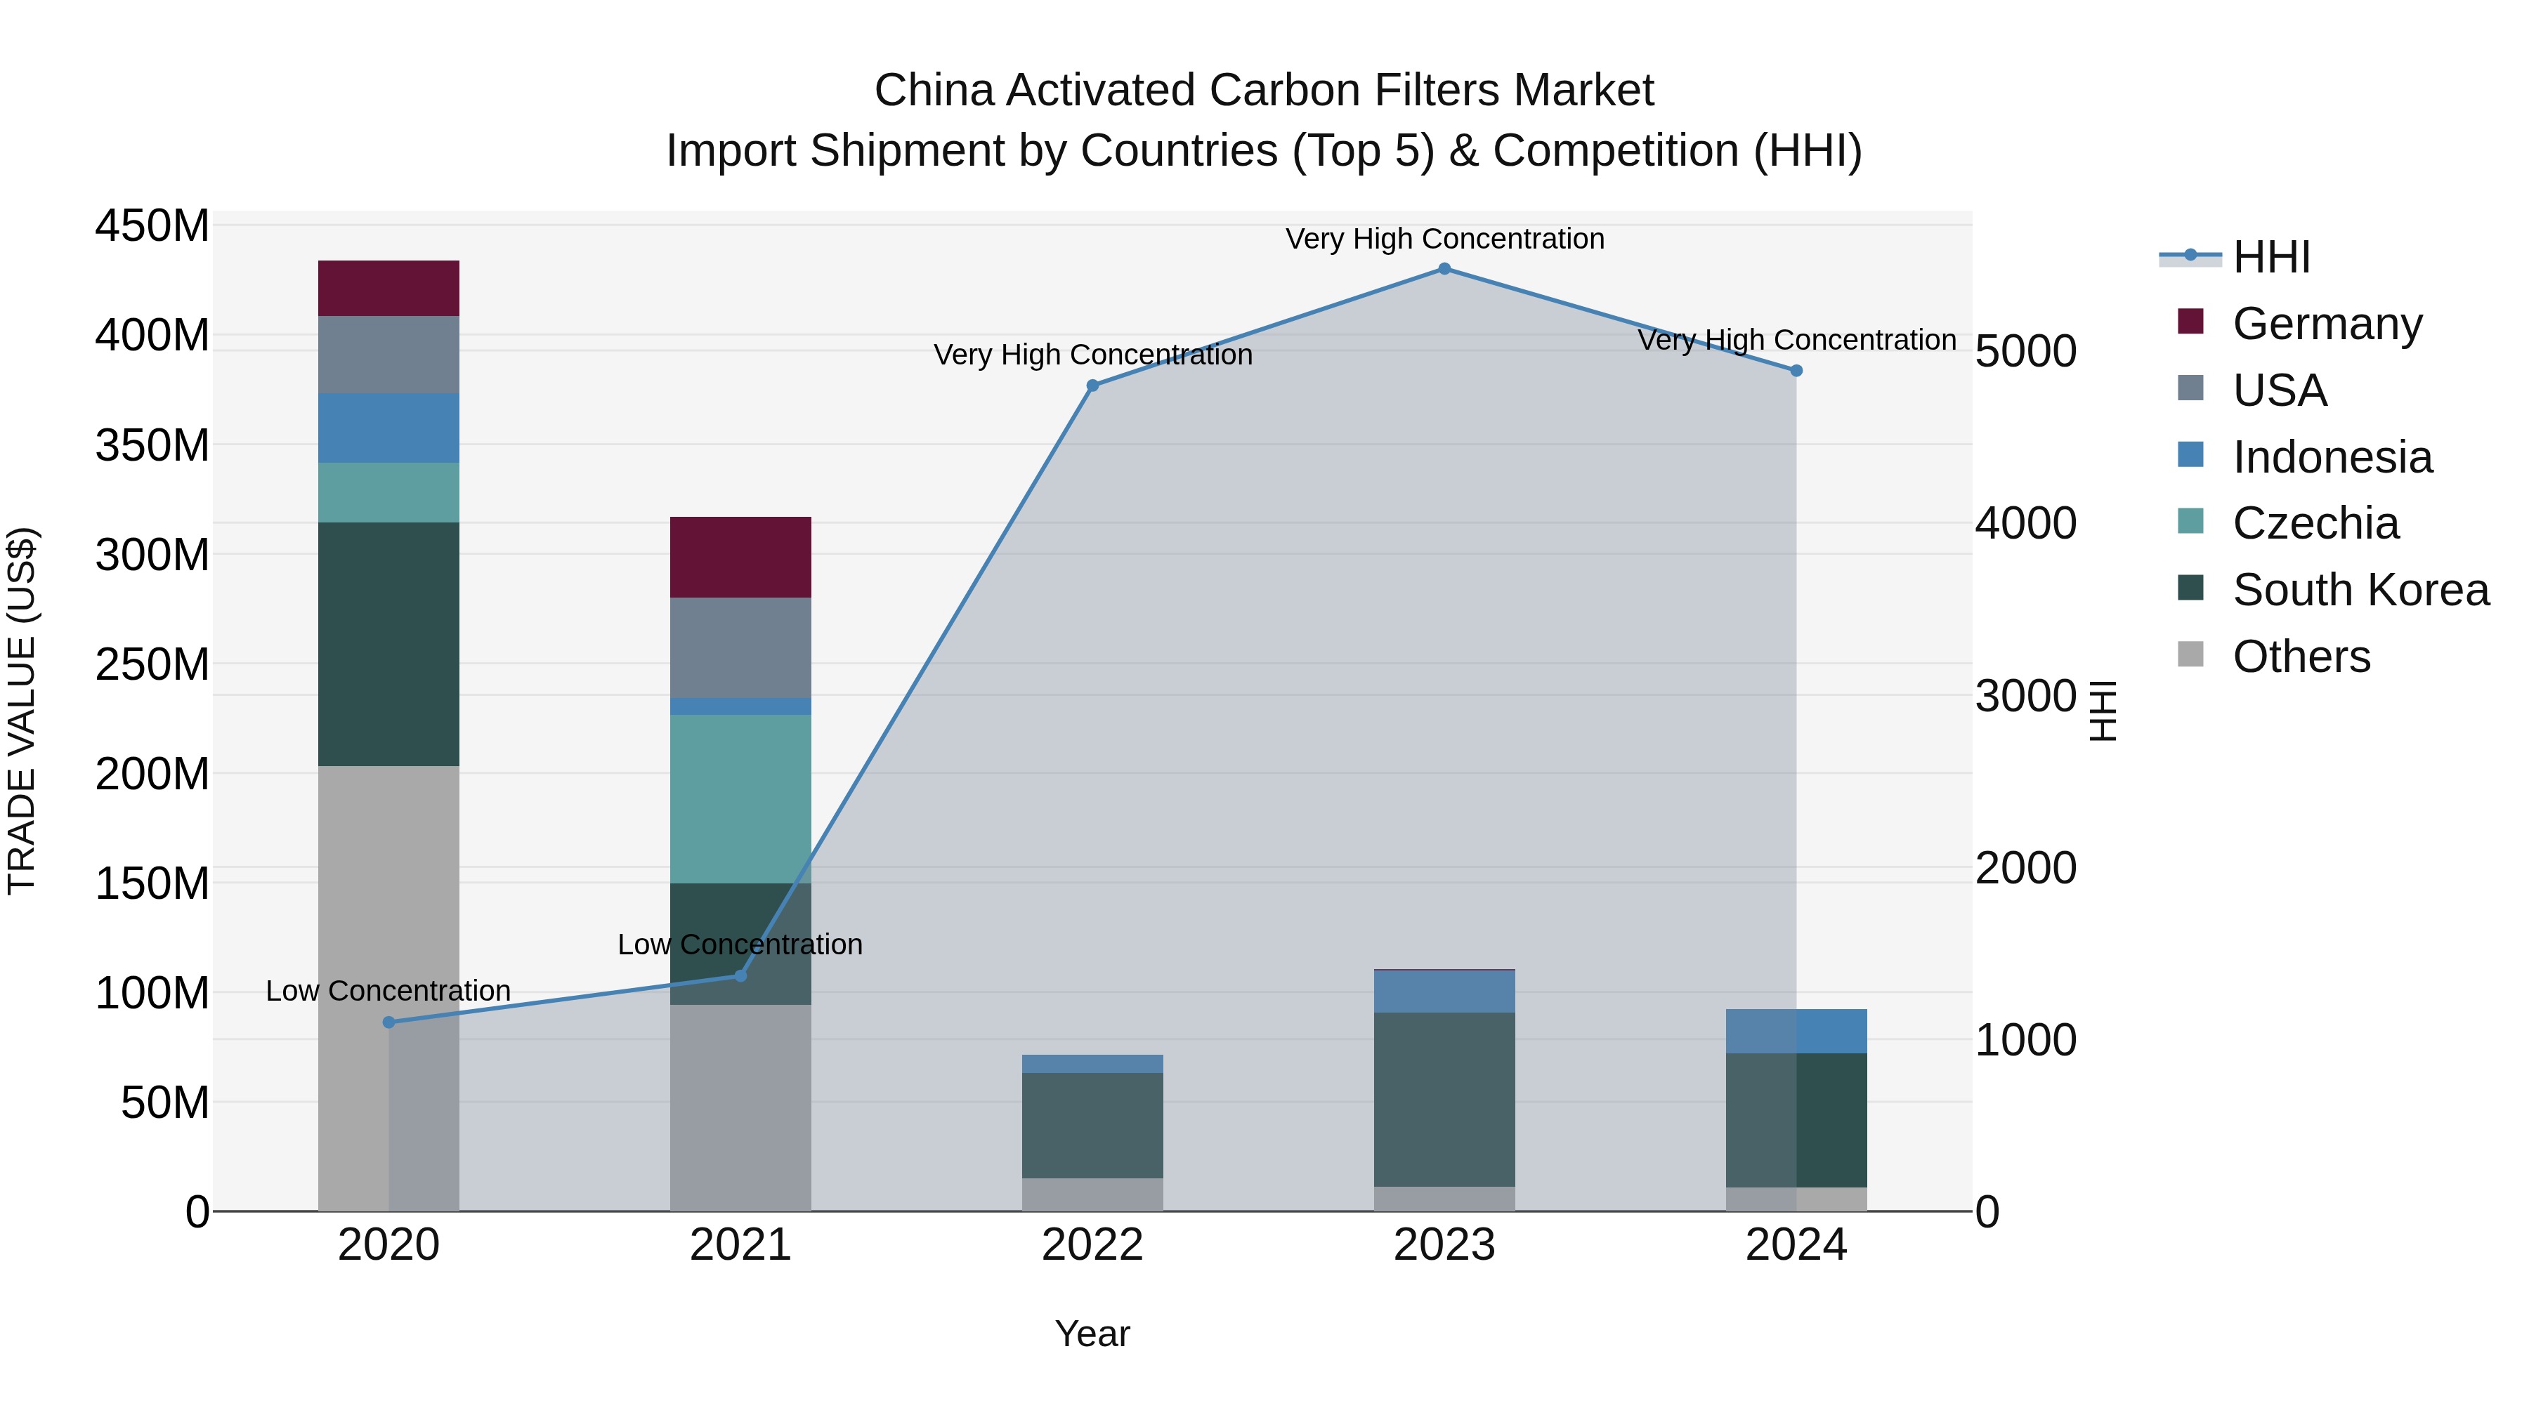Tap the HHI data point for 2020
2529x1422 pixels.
388,1022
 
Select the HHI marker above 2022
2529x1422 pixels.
1092,386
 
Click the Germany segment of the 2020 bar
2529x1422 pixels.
388,289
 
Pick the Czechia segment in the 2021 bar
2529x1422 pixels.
740,799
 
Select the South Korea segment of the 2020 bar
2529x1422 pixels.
388,644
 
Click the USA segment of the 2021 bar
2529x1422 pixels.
740,647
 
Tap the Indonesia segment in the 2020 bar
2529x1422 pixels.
388,428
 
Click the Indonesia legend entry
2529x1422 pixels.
2332,457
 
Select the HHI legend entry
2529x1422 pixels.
2270,258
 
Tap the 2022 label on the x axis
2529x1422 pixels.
1092,1245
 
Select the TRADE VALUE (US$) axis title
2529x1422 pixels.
22,711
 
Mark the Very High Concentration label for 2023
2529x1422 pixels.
1444,239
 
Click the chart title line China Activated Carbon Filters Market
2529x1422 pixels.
1264,91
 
